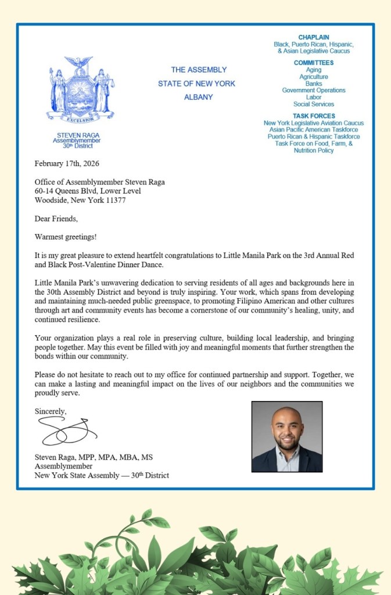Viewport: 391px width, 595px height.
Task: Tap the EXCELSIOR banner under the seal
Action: point(81,120)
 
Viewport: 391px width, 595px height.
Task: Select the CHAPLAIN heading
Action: point(313,38)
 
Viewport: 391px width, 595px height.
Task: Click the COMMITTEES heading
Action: point(313,63)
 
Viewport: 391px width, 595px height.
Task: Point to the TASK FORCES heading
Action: point(313,116)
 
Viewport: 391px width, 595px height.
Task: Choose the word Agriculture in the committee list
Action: point(313,77)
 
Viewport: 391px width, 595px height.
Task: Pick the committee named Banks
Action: point(313,84)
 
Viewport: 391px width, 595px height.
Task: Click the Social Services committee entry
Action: point(313,104)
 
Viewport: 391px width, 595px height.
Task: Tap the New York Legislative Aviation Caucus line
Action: point(313,123)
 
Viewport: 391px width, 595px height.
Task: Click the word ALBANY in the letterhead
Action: point(198,97)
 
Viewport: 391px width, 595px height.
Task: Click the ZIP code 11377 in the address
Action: point(113,200)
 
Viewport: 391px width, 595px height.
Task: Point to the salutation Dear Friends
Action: point(56,219)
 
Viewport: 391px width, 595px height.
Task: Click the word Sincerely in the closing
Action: point(51,411)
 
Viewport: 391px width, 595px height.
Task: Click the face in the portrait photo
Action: point(287,428)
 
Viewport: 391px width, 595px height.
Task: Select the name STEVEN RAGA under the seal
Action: point(77,135)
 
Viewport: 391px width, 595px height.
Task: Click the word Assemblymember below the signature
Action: point(63,466)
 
